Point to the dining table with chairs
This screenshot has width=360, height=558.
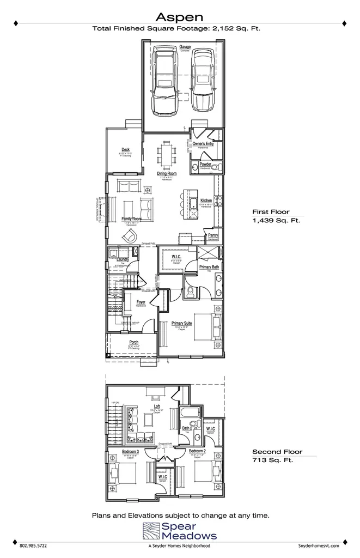click(x=167, y=153)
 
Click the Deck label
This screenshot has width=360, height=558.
click(x=125, y=150)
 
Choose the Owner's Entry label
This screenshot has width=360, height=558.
click(x=202, y=144)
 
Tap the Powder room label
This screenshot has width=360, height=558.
click(x=205, y=164)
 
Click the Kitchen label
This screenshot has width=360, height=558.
click(x=206, y=201)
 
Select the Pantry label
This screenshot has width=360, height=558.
click(x=213, y=235)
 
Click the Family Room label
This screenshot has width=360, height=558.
click(x=131, y=219)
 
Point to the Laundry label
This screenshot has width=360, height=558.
click(x=123, y=260)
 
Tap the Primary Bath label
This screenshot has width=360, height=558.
click(x=209, y=267)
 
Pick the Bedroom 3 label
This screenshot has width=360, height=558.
click(x=130, y=452)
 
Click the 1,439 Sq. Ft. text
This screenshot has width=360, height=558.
click(x=276, y=221)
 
